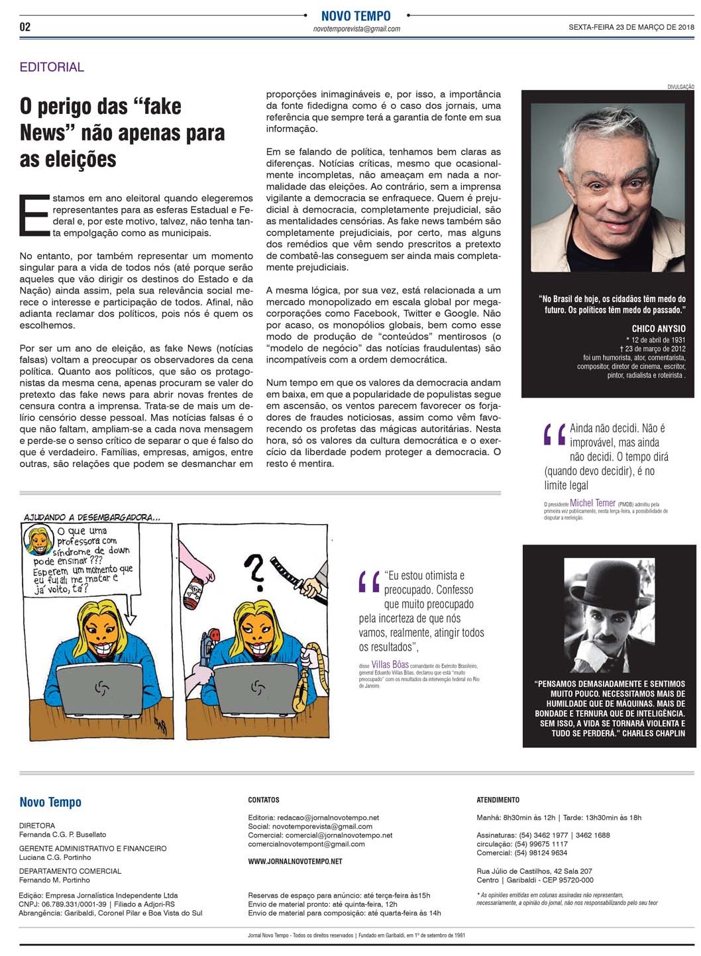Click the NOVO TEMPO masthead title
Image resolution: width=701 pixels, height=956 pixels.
coord(356,16)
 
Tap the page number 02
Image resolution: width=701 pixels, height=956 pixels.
coord(25,27)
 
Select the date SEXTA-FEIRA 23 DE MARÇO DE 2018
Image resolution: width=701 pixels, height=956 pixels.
coord(631,27)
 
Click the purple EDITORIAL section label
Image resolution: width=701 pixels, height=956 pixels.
coord(52,67)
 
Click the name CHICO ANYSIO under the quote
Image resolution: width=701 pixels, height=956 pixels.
coord(658,329)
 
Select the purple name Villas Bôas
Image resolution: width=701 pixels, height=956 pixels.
coord(390,664)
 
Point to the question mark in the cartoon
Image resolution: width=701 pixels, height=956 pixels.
coord(254,570)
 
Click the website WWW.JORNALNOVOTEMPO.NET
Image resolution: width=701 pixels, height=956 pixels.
coord(295,861)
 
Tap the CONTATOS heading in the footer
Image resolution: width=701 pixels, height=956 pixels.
coord(264,800)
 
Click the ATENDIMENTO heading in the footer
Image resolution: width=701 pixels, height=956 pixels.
coord(498,800)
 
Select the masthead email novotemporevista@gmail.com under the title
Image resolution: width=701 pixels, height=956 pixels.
coord(356,29)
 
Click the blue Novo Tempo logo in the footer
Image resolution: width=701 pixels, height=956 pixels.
coord(50,802)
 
